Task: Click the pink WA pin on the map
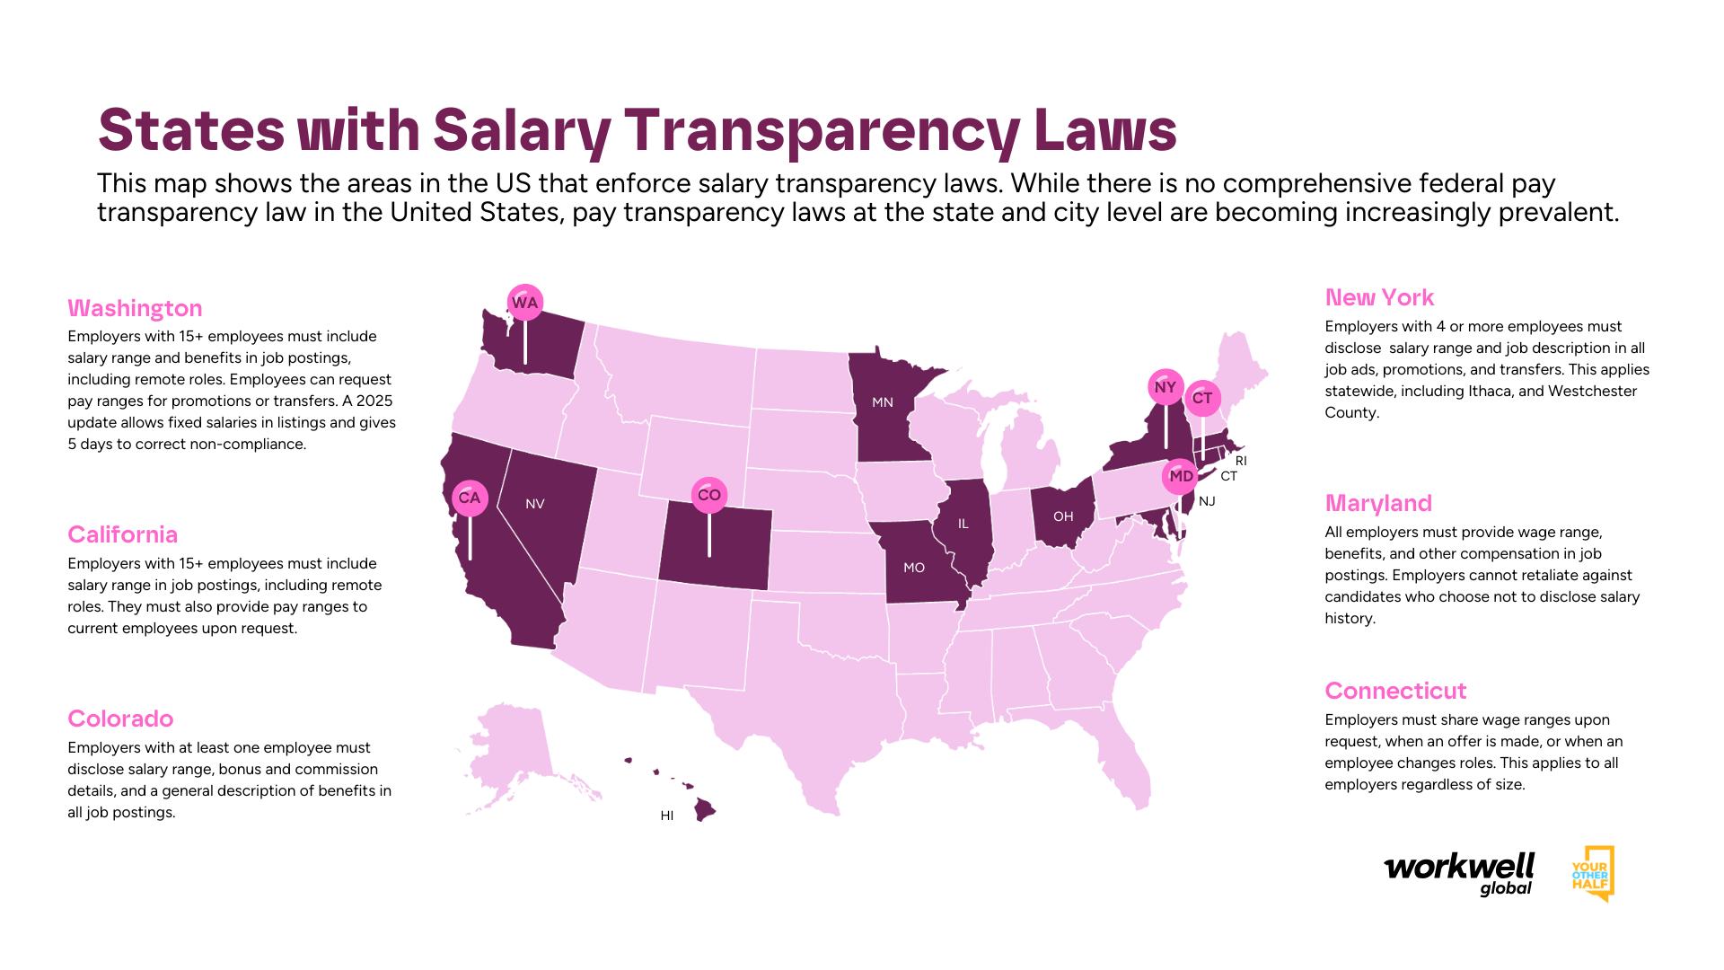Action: point(524,303)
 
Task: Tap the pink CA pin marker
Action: point(470,498)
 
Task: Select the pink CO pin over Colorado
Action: point(709,495)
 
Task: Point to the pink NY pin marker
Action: point(1165,388)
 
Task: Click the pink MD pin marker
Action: point(1181,477)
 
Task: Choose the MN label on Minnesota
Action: point(883,402)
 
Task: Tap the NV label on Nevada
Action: point(535,504)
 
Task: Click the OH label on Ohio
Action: point(1063,516)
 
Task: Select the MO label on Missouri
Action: point(914,568)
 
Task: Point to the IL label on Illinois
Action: point(963,524)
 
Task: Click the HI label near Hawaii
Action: point(667,816)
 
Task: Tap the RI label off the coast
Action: point(1241,461)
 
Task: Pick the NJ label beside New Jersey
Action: point(1207,501)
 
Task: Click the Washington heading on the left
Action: point(135,308)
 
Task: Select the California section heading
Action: point(123,534)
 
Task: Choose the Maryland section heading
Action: point(1378,503)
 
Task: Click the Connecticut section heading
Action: point(1395,691)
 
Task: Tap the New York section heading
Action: point(1379,297)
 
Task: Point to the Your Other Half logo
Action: point(1592,874)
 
